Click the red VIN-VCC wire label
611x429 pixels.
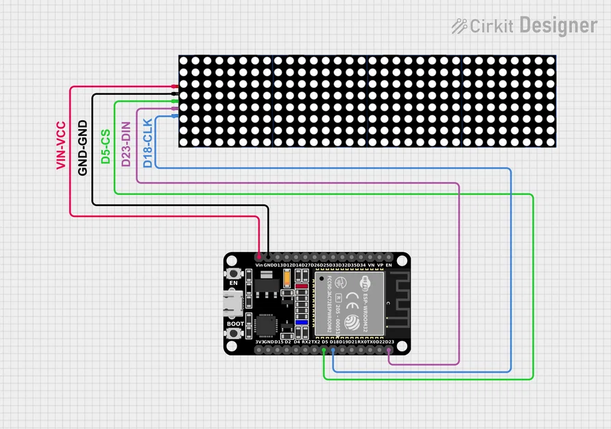(61, 146)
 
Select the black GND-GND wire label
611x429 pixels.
(82, 148)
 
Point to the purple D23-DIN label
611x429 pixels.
(126, 144)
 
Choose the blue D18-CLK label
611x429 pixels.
(147, 143)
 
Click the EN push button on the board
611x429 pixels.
(234, 273)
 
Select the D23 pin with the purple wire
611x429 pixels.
(389, 351)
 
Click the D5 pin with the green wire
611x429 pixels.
(324, 351)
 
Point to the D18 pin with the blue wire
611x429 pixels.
(333, 351)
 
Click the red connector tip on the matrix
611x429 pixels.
(175, 86)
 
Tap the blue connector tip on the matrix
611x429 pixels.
(175, 117)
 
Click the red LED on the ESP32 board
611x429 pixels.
(300, 285)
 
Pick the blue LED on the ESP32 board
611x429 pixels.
(300, 321)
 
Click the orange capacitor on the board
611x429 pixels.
(300, 276)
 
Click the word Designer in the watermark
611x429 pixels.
(558, 26)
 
